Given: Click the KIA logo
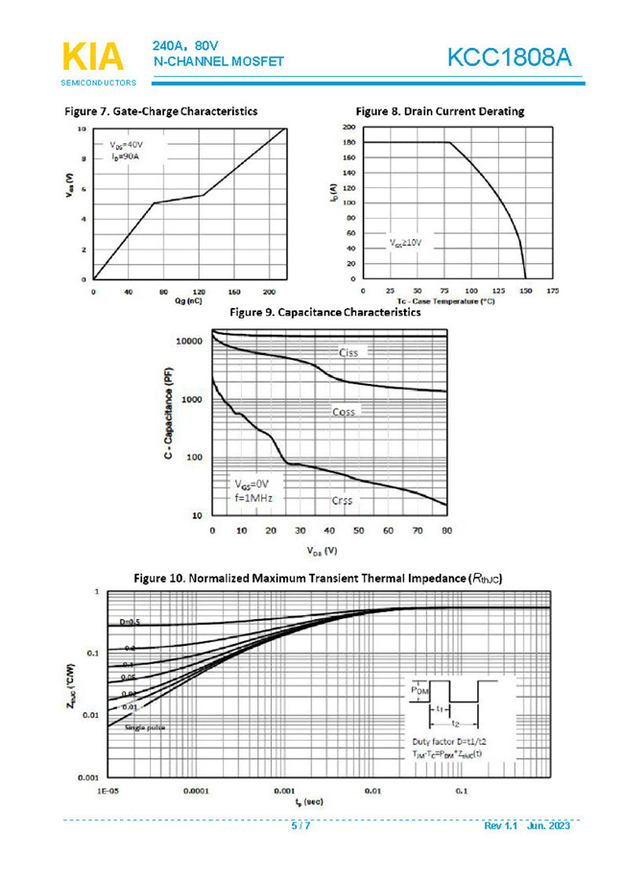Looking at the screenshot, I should [92, 57].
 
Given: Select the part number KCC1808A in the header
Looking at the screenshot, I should [509, 59].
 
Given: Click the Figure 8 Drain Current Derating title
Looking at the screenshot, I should [440, 111].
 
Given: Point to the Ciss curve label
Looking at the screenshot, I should [348, 353].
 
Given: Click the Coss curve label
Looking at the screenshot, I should [344, 412].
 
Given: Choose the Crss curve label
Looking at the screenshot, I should [344, 501].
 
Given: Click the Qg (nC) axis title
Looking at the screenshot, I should [188, 301].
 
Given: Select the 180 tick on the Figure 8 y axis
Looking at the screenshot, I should [349, 142].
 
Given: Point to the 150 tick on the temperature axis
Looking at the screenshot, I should [525, 290].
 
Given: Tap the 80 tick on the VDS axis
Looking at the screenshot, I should [446, 531].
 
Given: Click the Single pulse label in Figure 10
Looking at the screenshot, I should [144, 728].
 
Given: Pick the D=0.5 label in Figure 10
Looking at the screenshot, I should [130, 623].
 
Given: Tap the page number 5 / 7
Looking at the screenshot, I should [301, 826].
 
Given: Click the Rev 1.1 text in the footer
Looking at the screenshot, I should [500, 826].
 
